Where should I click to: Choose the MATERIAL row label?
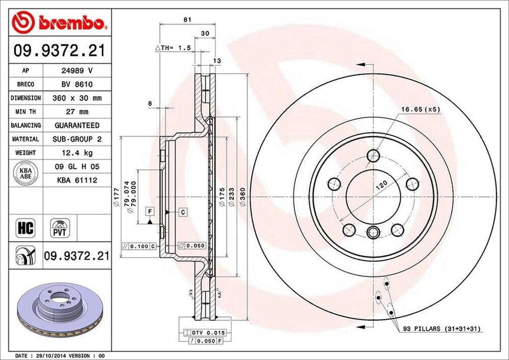25,139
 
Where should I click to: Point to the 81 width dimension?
187,19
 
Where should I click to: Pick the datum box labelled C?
183,212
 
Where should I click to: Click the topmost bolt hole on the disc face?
373,156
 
